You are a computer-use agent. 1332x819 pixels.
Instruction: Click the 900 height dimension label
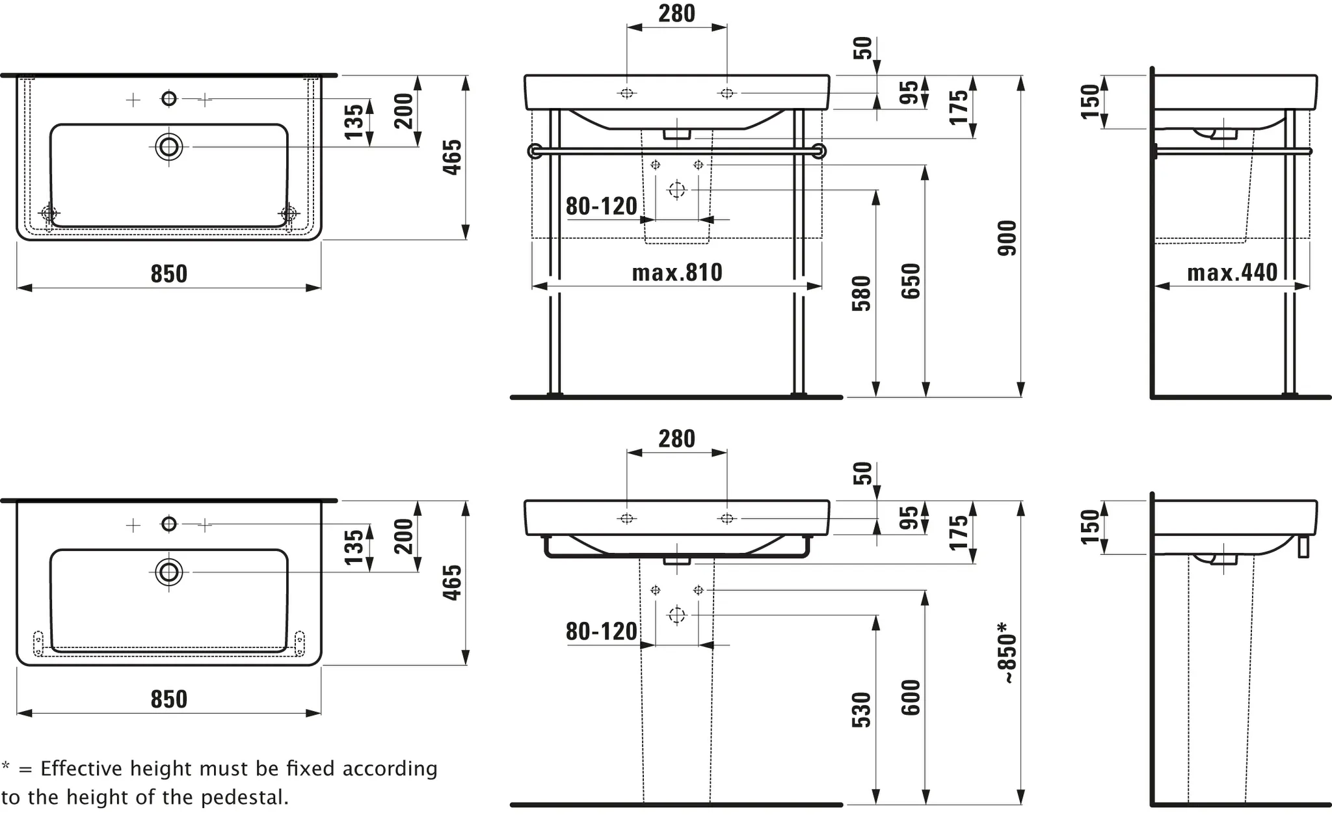[x=1007, y=238]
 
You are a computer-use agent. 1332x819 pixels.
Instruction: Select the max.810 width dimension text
[x=677, y=273]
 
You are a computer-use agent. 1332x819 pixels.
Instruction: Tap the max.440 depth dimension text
[x=1232, y=273]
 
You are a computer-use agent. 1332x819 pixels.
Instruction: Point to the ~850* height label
[x=1007, y=652]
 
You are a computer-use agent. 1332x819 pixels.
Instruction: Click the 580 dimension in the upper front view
[x=862, y=293]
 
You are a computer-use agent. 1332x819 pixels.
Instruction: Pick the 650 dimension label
[x=911, y=281]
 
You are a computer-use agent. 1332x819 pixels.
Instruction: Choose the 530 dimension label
[x=862, y=710]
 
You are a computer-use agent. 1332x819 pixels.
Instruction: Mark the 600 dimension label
[x=911, y=697]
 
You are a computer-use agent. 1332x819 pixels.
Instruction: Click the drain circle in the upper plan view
[x=169, y=147]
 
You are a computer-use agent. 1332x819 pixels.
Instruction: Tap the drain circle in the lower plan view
[x=169, y=572]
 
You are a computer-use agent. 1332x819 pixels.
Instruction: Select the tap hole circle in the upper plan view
[x=169, y=99]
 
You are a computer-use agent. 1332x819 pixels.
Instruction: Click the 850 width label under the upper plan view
[x=169, y=274]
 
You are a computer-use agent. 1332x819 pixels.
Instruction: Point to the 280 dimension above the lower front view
[x=676, y=439]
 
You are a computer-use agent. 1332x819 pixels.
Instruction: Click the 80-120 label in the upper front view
[x=602, y=206]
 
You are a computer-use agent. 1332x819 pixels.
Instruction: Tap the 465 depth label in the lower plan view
[x=452, y=582]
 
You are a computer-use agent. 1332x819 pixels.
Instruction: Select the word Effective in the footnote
[x=81, y=769]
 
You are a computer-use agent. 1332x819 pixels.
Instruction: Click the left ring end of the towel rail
[x=535, y=152]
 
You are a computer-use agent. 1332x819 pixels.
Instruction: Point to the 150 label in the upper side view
[x=1090, y=101]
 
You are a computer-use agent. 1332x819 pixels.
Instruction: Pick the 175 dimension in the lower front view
[x=959, y=532]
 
